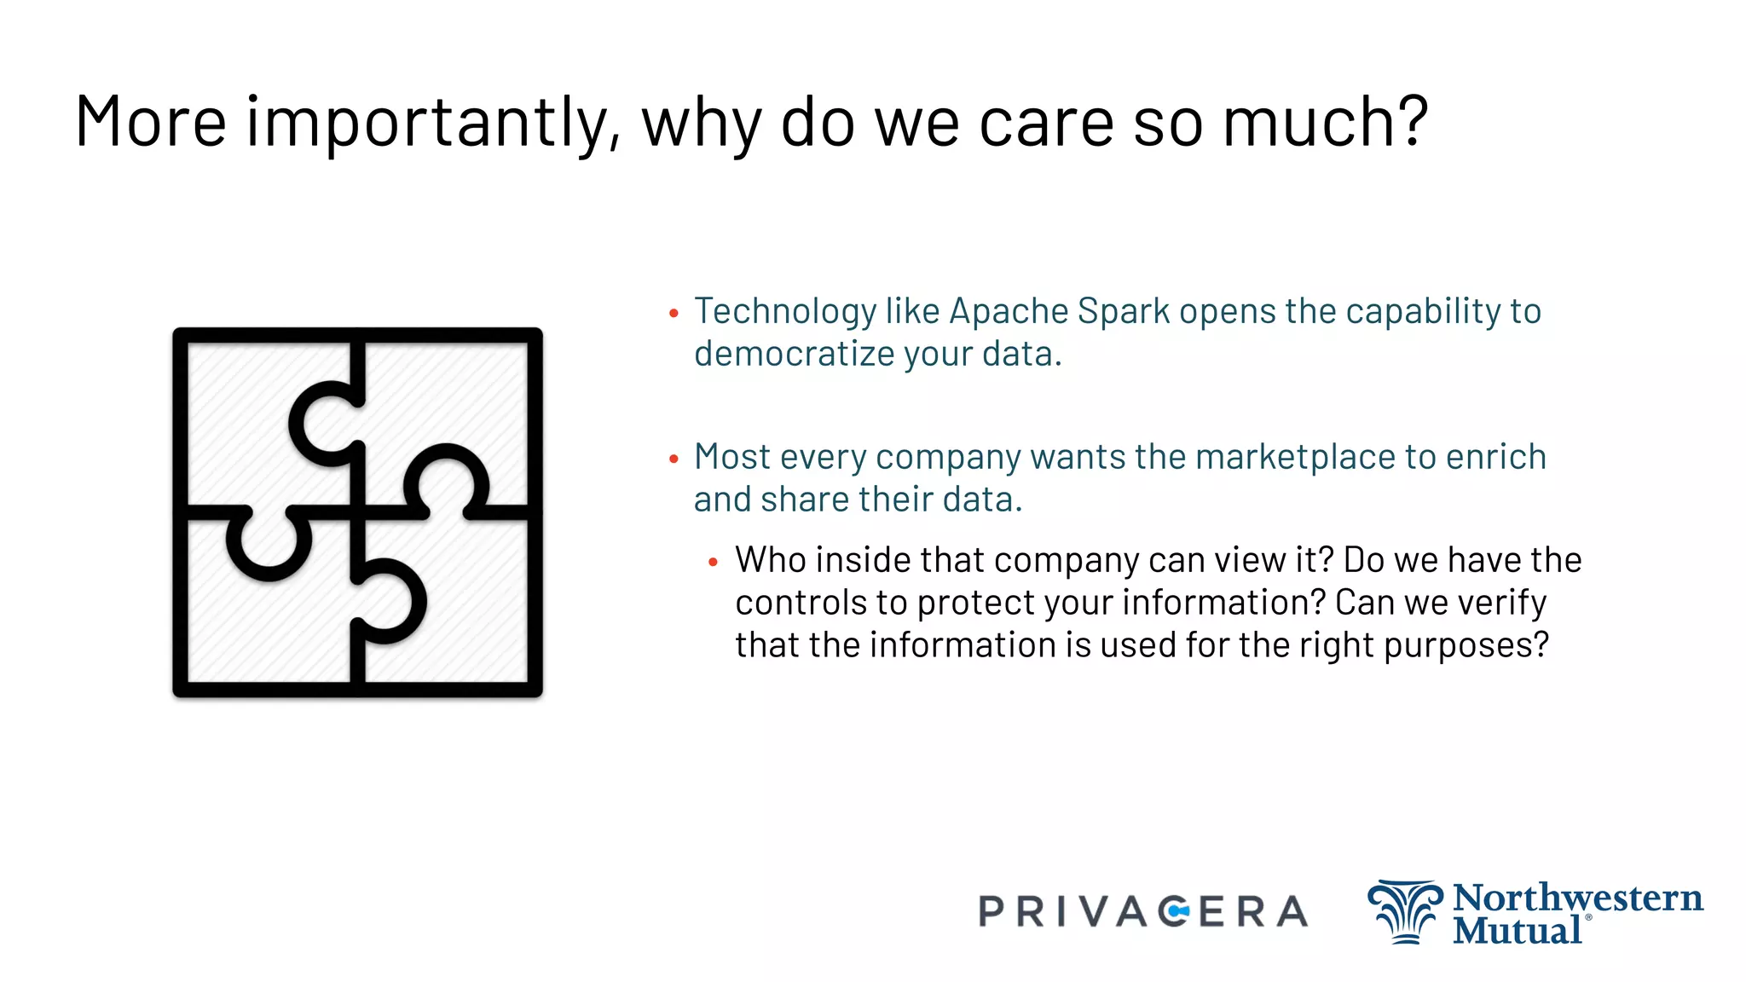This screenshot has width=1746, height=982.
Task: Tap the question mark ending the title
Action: click(x=1412, y=120)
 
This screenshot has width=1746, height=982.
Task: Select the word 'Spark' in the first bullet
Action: click(x=1124, y=311)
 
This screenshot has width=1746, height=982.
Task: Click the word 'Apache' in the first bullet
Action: click(x=1009, y=311)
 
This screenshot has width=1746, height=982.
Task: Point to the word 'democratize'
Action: click(x=794, y=354)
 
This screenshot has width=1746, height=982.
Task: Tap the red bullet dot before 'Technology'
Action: click(x=674, y=314)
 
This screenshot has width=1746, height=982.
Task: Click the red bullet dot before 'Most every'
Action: click(x=674, y=459)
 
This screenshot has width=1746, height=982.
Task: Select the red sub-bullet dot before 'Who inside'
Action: click(x=714, y=563)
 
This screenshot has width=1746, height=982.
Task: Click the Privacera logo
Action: click(x=1142, y=912)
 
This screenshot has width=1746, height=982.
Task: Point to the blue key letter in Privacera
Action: click(x=1177, y=912)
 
